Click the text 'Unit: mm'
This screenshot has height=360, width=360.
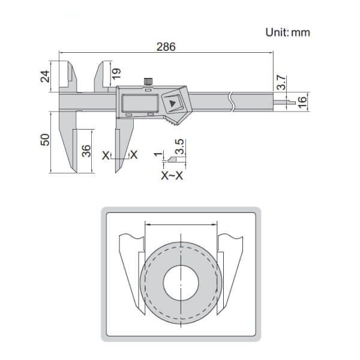click(287, 32)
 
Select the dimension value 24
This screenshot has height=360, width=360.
click(52, 76)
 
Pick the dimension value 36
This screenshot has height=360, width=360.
click(86, 151)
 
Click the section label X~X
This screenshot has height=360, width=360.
click(172, 176)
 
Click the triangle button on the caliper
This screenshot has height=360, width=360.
click(173, 104)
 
